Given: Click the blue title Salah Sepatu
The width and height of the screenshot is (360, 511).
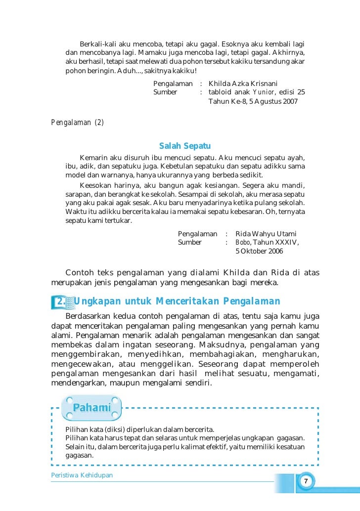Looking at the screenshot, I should [185, 146].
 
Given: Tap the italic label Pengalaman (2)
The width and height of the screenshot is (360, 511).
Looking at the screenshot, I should [78, 123].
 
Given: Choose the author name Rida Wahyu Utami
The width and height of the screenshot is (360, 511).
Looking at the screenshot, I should [267, 234].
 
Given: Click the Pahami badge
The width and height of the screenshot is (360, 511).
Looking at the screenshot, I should [91, 408].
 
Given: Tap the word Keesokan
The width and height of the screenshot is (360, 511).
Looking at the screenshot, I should [94, 185].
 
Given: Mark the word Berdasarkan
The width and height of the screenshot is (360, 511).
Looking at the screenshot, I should [86, 315].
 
